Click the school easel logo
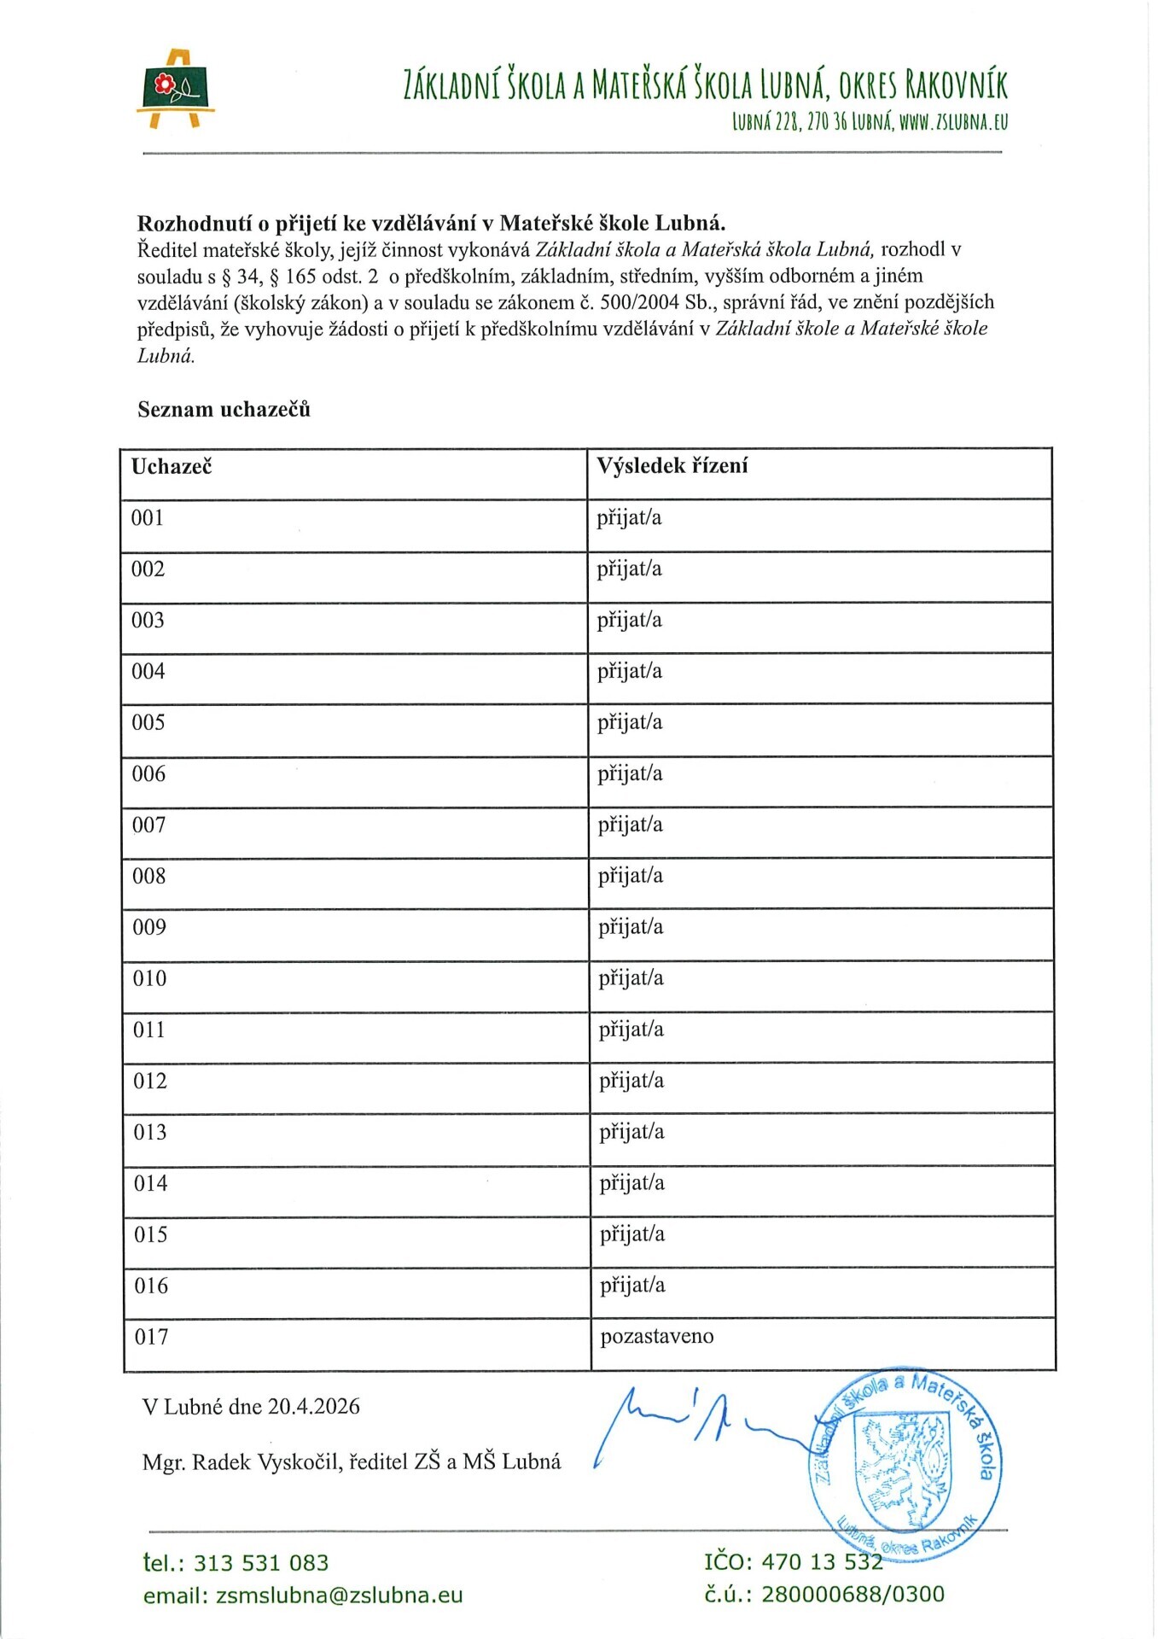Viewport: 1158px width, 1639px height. tap(175, 90)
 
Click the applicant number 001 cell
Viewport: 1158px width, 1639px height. tap(147, 518)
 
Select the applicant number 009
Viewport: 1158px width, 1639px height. tap(148, 927)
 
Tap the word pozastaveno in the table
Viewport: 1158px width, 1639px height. tap(656, 1337)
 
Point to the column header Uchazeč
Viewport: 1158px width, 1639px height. tap(172, 466)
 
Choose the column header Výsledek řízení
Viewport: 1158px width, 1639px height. tap(672, 466)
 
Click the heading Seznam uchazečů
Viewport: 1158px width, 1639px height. tap(224, 410)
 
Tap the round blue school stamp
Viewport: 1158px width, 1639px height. tap(905, 1461)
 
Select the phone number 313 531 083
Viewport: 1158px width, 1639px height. tap(261, 1563)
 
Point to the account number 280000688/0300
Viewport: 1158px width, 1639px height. tap(852, 1594)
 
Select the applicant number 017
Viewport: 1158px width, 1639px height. tap(151, 1337)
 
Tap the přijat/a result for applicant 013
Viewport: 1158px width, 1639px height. tap(631, 1132)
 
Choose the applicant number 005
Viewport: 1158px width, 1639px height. tap(148, 723)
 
